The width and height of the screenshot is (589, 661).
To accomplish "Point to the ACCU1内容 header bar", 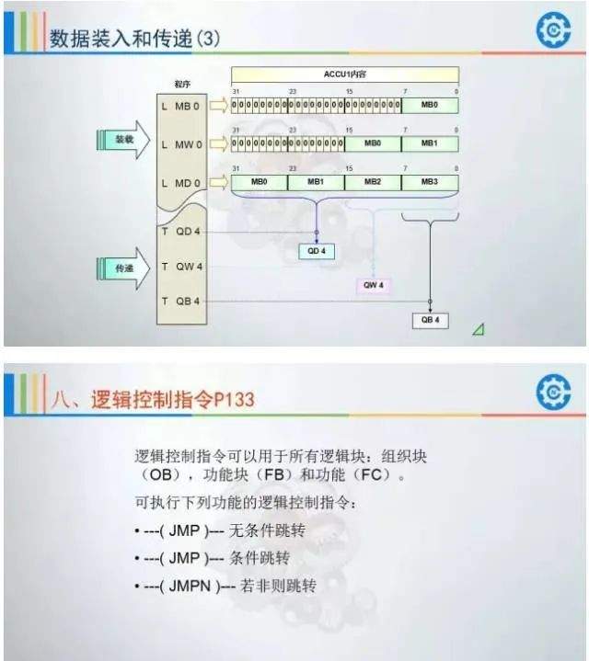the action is (x=344, y=74).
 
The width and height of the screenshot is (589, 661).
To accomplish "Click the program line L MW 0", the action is (x=180, y=144).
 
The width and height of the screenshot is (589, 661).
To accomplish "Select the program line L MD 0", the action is (x=180, y=183).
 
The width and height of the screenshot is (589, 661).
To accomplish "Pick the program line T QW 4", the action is (x=182, y=267).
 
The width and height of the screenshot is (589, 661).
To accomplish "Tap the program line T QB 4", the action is (x=182, y=302).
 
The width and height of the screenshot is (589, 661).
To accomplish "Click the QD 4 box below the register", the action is (x=318, y=251).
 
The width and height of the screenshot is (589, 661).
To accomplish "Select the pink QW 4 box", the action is (x=374, y=285).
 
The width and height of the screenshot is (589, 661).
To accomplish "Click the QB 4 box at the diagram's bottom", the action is (x=430, y=320).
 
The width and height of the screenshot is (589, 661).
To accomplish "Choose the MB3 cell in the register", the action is (x=430, y=182).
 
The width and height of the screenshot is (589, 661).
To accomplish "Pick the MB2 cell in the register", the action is (x=373, y=182).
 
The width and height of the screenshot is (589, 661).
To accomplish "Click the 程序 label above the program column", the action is (x=182, y=84).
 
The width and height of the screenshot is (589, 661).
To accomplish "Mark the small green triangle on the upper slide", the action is (x=479, y=329).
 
